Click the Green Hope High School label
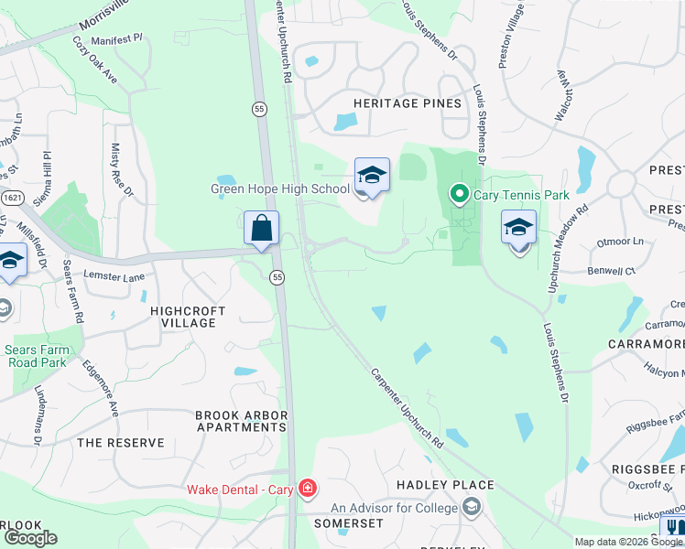click(x=280, y=189)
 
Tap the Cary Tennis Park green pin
click(x=459, y=194)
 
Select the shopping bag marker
click(x=262, y=228)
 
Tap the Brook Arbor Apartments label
click(x=241, y=421)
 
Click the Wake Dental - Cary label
click(x=240, y=490)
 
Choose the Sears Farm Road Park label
click(x=37, y=355)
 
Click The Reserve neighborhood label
click(x=121, y=443)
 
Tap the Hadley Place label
click(x=445, y=485)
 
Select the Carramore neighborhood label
click(x=645, y=344)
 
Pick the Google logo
click(x=30, y=538)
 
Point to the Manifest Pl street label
click(x=117, y=38)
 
